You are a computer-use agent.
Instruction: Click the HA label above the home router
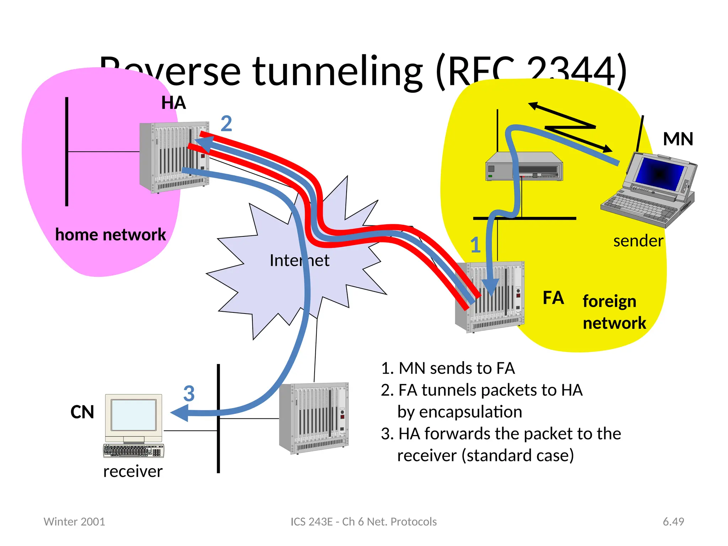pyautogui.click(x=173, y=103)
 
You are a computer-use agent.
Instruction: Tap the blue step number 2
pyautogui.click(x=226, y=124)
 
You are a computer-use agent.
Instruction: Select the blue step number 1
pyautogui.click(x=475, y=245)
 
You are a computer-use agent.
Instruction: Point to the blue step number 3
pyautogui.click(x=189, y=394)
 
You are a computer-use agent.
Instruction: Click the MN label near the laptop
pyautogui.click(x=678, y=139)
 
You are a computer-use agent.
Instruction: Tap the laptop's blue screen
pyautogui.click(x=660, y=173)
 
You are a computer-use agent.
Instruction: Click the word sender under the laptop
pyautogui.click(x=638, y=241)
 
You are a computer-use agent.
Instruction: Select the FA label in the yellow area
pyautogui.click(x=553, y=298)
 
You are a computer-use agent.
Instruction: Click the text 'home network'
pyautogui.click(x=111, y=235)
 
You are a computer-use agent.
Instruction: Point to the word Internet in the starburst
pyautogui.click(x=299, y=261)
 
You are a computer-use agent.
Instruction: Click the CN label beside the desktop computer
pyautogui.click(x=82, y=412)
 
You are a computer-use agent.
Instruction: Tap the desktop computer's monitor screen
pyautogui.click(x=133, y=415)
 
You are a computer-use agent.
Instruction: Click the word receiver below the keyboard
pyautogui.click(x=133, y=472)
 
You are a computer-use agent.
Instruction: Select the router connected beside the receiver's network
pyautogui.click(x=314, y=418)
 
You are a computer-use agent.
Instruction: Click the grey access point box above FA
pyautogui.click(x=524, y=167)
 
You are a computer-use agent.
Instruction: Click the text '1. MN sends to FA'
pyautogui.click(x=448, y=368)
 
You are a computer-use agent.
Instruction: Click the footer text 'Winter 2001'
pyautogui.click(x=74, y=521)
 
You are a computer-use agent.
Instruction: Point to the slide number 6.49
pyautogui.click(x=673, y=521)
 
